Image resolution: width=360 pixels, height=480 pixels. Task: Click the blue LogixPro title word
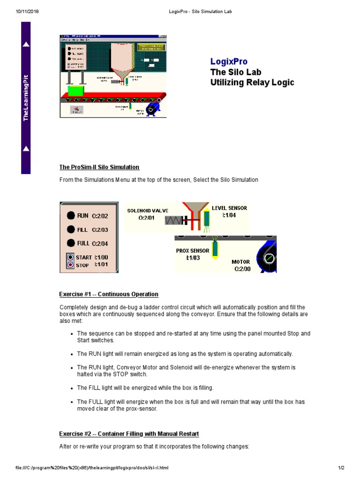click(x=229, y=61)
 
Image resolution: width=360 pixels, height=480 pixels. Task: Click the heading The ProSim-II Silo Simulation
click(x=99, y=167)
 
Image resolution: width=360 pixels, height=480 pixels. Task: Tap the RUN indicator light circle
click(x=70, y=216)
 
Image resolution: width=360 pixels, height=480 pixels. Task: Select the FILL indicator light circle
click(x=70, y=229)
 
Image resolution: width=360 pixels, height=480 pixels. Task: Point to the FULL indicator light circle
click(x=70, y=243)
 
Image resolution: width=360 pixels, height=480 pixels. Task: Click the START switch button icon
click(x=70, y=257)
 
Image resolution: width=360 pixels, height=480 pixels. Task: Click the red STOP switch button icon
click(x=70, y=265)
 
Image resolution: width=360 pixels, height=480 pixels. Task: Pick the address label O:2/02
click(x=100, y=216)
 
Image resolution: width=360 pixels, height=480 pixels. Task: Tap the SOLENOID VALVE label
click(x=148, y=210)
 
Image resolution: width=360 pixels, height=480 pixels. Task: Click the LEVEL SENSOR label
click(x=229, y=208)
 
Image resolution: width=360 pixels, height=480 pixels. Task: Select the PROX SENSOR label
click(x=193, y=251)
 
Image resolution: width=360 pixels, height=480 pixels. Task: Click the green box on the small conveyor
click(x=75, y=90)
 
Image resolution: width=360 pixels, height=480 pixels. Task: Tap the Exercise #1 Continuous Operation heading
click(x=108, y=294)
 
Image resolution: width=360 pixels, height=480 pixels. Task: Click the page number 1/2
click(x=341, y=468)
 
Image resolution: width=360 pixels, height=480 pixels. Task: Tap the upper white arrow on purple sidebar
click(x=26, y=45)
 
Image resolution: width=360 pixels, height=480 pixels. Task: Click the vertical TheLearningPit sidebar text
click(x=26, y=97)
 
